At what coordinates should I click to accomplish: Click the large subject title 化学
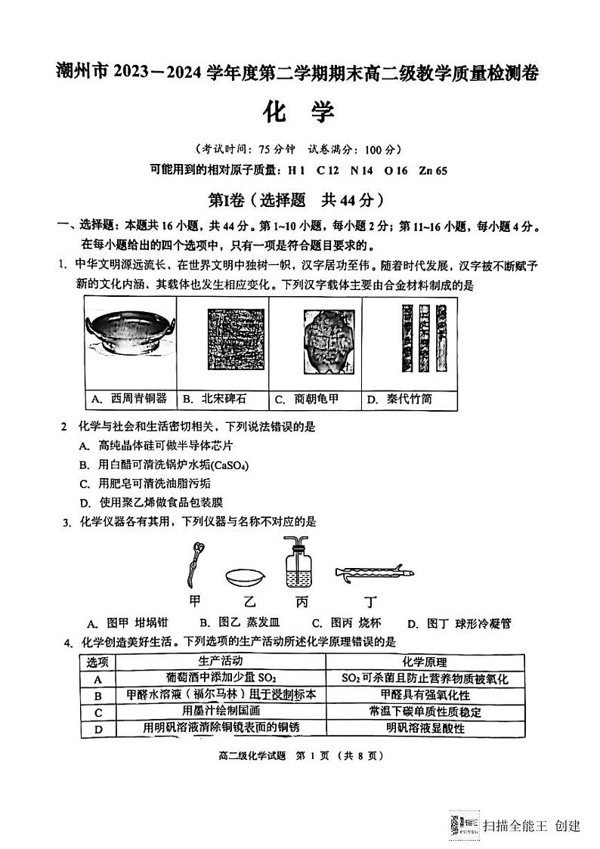tap(298, 112)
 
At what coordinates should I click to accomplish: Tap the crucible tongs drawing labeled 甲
tap(195, 562)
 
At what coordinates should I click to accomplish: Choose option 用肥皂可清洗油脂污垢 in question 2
tap(144, 483)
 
